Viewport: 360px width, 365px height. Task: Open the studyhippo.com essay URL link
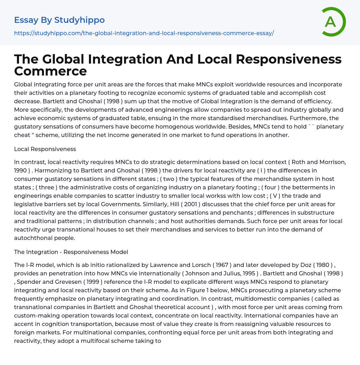tap(144, 33)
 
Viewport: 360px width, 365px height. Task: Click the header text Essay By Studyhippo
tap(59, 20)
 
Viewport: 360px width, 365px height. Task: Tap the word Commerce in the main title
tap(50, 71)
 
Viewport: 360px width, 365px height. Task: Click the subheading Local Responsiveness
tap(45, 149)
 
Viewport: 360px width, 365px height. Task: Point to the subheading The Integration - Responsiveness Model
tap(71, 252)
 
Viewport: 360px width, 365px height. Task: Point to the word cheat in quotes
tap(23, 135)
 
